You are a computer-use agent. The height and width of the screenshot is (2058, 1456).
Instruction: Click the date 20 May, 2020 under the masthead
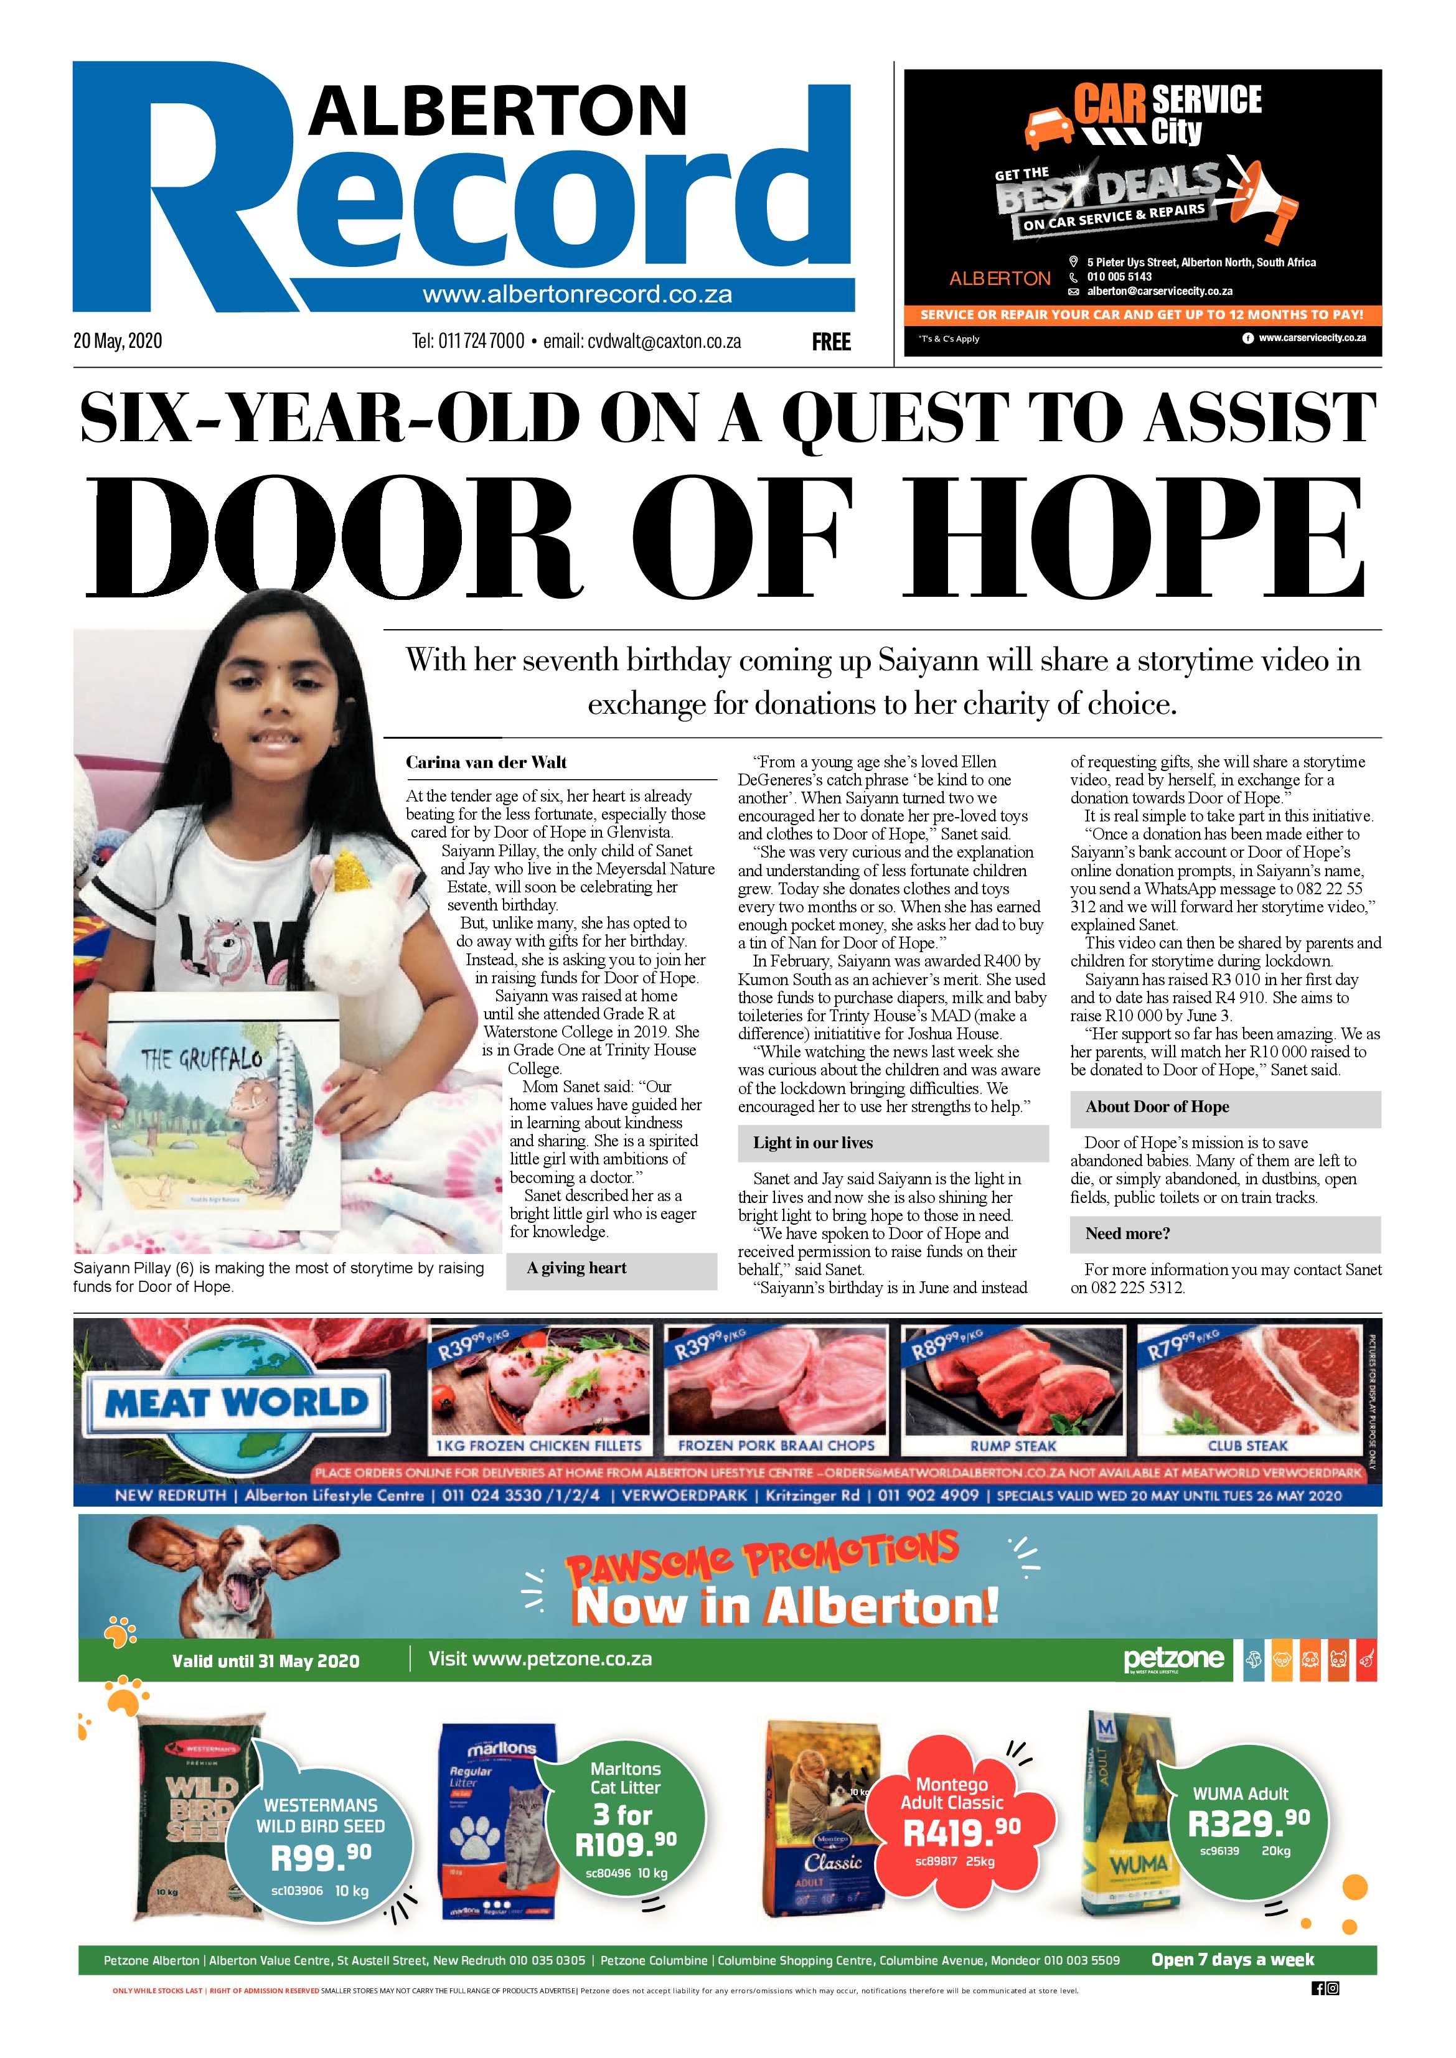pos(118,342)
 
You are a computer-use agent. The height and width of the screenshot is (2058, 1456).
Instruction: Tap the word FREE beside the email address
pos(831,342)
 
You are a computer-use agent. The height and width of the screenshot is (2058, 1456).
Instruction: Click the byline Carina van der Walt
pos(486,763)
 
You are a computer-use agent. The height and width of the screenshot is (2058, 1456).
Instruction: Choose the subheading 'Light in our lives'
pos(812,1143)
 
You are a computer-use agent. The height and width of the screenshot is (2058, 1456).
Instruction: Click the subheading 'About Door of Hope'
pos(1157,1107)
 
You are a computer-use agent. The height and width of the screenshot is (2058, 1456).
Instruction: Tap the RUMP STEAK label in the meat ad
pos(1013,1446)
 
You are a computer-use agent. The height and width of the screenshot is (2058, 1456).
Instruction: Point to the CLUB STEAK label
pos(1247,1446)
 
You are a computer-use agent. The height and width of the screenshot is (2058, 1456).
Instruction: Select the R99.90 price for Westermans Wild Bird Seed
pos(320,1859)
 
